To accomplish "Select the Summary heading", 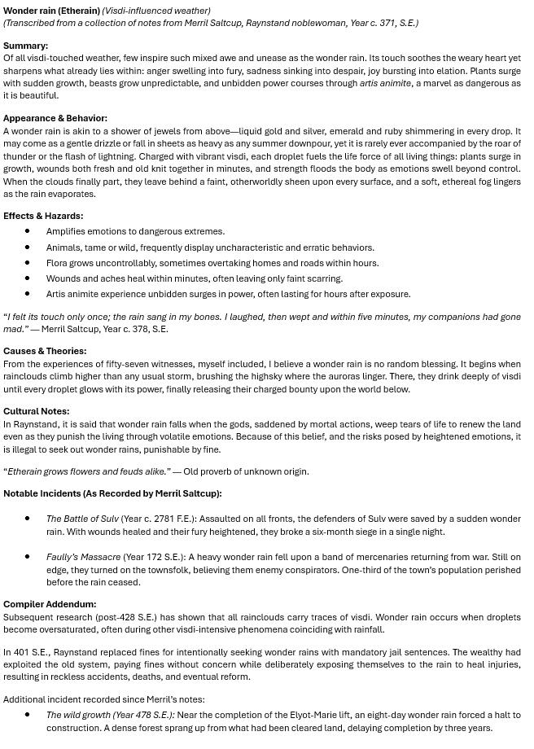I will click(x=25, y=46).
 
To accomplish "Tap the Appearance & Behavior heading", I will click(x=55, y=118).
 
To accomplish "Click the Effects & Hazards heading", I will click(x=42, y=216).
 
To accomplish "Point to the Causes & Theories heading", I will click(x=44, y=351).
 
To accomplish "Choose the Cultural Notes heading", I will click(x=36, y=411).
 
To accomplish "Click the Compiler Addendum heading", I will click(x=50, y=604).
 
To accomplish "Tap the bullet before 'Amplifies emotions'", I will click(x=28, y=231).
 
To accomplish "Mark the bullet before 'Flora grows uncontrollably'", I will click(x=28, y=263).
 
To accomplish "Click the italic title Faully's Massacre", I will click(x=83, y=557).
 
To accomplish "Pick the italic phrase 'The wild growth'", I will click(x=79, y=715).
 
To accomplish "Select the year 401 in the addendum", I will click(x=21, y=651).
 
